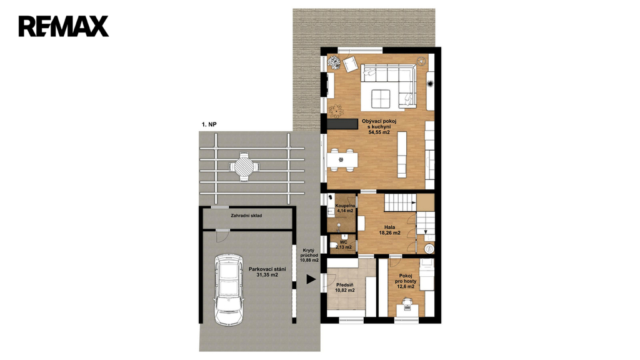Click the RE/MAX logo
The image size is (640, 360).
click(64, 26)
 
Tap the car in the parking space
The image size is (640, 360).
click(229, 289)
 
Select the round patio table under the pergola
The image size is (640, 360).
click(244, 166)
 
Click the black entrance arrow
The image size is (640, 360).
click(311, 279)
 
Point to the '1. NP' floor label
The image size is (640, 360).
click(209, 124)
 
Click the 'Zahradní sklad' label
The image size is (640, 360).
click(246, 216)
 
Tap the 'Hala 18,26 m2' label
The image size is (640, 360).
click(389, 230)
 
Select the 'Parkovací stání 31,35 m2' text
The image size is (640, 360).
click(267, 272)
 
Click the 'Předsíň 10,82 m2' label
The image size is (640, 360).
click(345, 287)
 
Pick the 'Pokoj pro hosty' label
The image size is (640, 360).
click(406, 278)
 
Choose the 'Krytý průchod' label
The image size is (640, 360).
click(310, 252)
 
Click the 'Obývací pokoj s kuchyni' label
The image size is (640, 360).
click(379, 124)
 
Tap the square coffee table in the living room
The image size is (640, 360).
click(381, 98)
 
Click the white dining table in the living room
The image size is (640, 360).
click(342, 159)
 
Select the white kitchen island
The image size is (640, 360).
click(402, 154)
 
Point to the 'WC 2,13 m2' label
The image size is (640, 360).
click(343, 244)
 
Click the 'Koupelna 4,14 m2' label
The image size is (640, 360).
click(345, 208)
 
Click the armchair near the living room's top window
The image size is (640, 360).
click(350, 64)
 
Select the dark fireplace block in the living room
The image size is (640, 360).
click(342, 124)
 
